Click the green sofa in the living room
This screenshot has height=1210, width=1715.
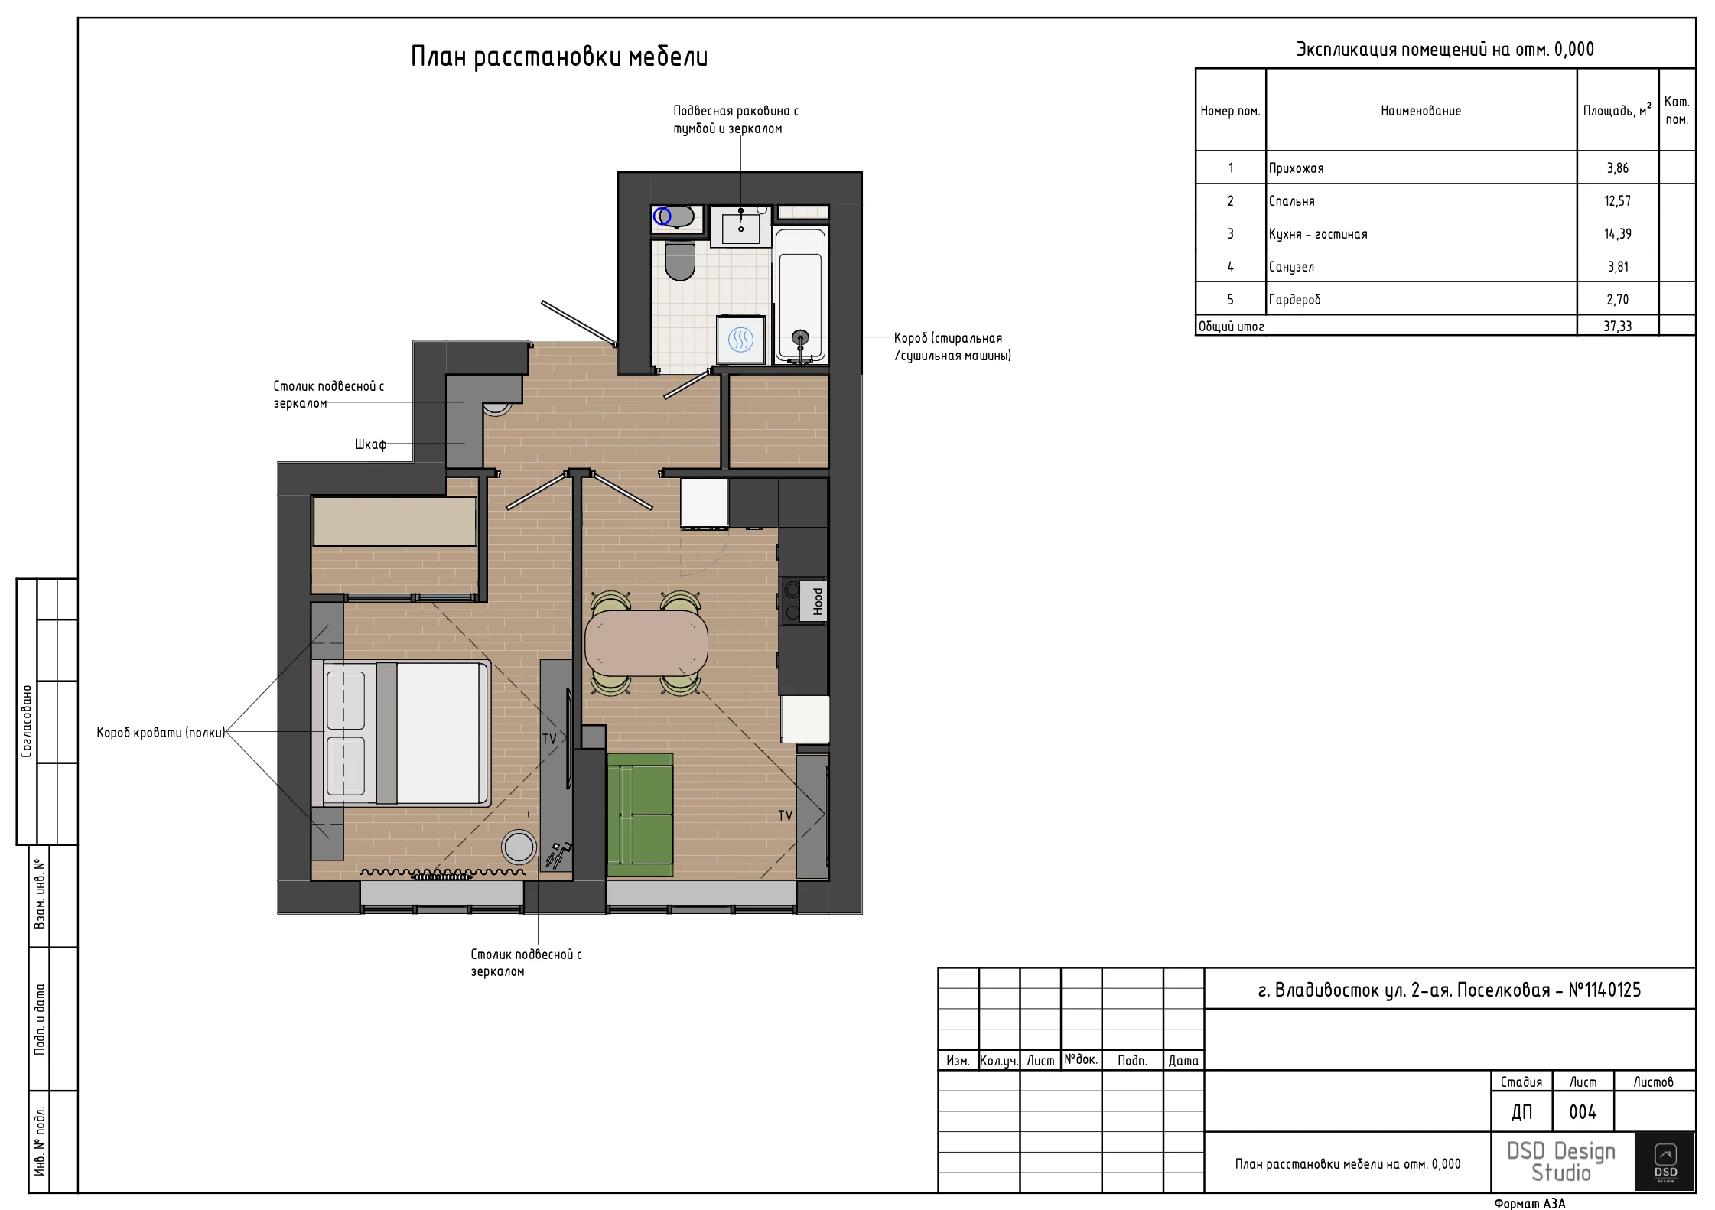tap(640, 815)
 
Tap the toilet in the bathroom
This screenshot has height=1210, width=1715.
tap(680, 261)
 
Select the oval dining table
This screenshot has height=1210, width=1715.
tap(646, 643)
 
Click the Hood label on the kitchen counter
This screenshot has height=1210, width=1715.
tap(818, 600)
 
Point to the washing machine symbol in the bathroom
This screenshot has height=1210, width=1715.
tap(740, 339)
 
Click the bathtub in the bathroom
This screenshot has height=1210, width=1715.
tap(800, 294)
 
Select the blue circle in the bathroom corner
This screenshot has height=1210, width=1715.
tap(662, 216)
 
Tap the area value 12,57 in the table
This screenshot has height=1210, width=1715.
tap(1617, 201)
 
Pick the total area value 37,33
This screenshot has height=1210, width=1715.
tap(1617, 327)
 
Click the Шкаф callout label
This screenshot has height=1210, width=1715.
tap(370, 444)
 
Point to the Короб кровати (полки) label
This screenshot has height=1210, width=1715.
tap(161, 733)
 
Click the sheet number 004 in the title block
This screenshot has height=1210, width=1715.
tap(1583, 1112)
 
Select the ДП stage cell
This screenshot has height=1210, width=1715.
tap(1521, 1112)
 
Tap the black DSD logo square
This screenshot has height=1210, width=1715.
tap(1665, 1161)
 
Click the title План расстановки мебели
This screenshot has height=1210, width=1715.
tap(559, 57)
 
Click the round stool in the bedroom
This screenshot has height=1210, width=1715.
tap(519, 847)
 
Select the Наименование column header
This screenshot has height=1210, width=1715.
tap(1420, 111)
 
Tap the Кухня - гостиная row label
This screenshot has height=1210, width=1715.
tap(1317, 234)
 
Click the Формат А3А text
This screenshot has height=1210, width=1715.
tap(1530, 1203)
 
